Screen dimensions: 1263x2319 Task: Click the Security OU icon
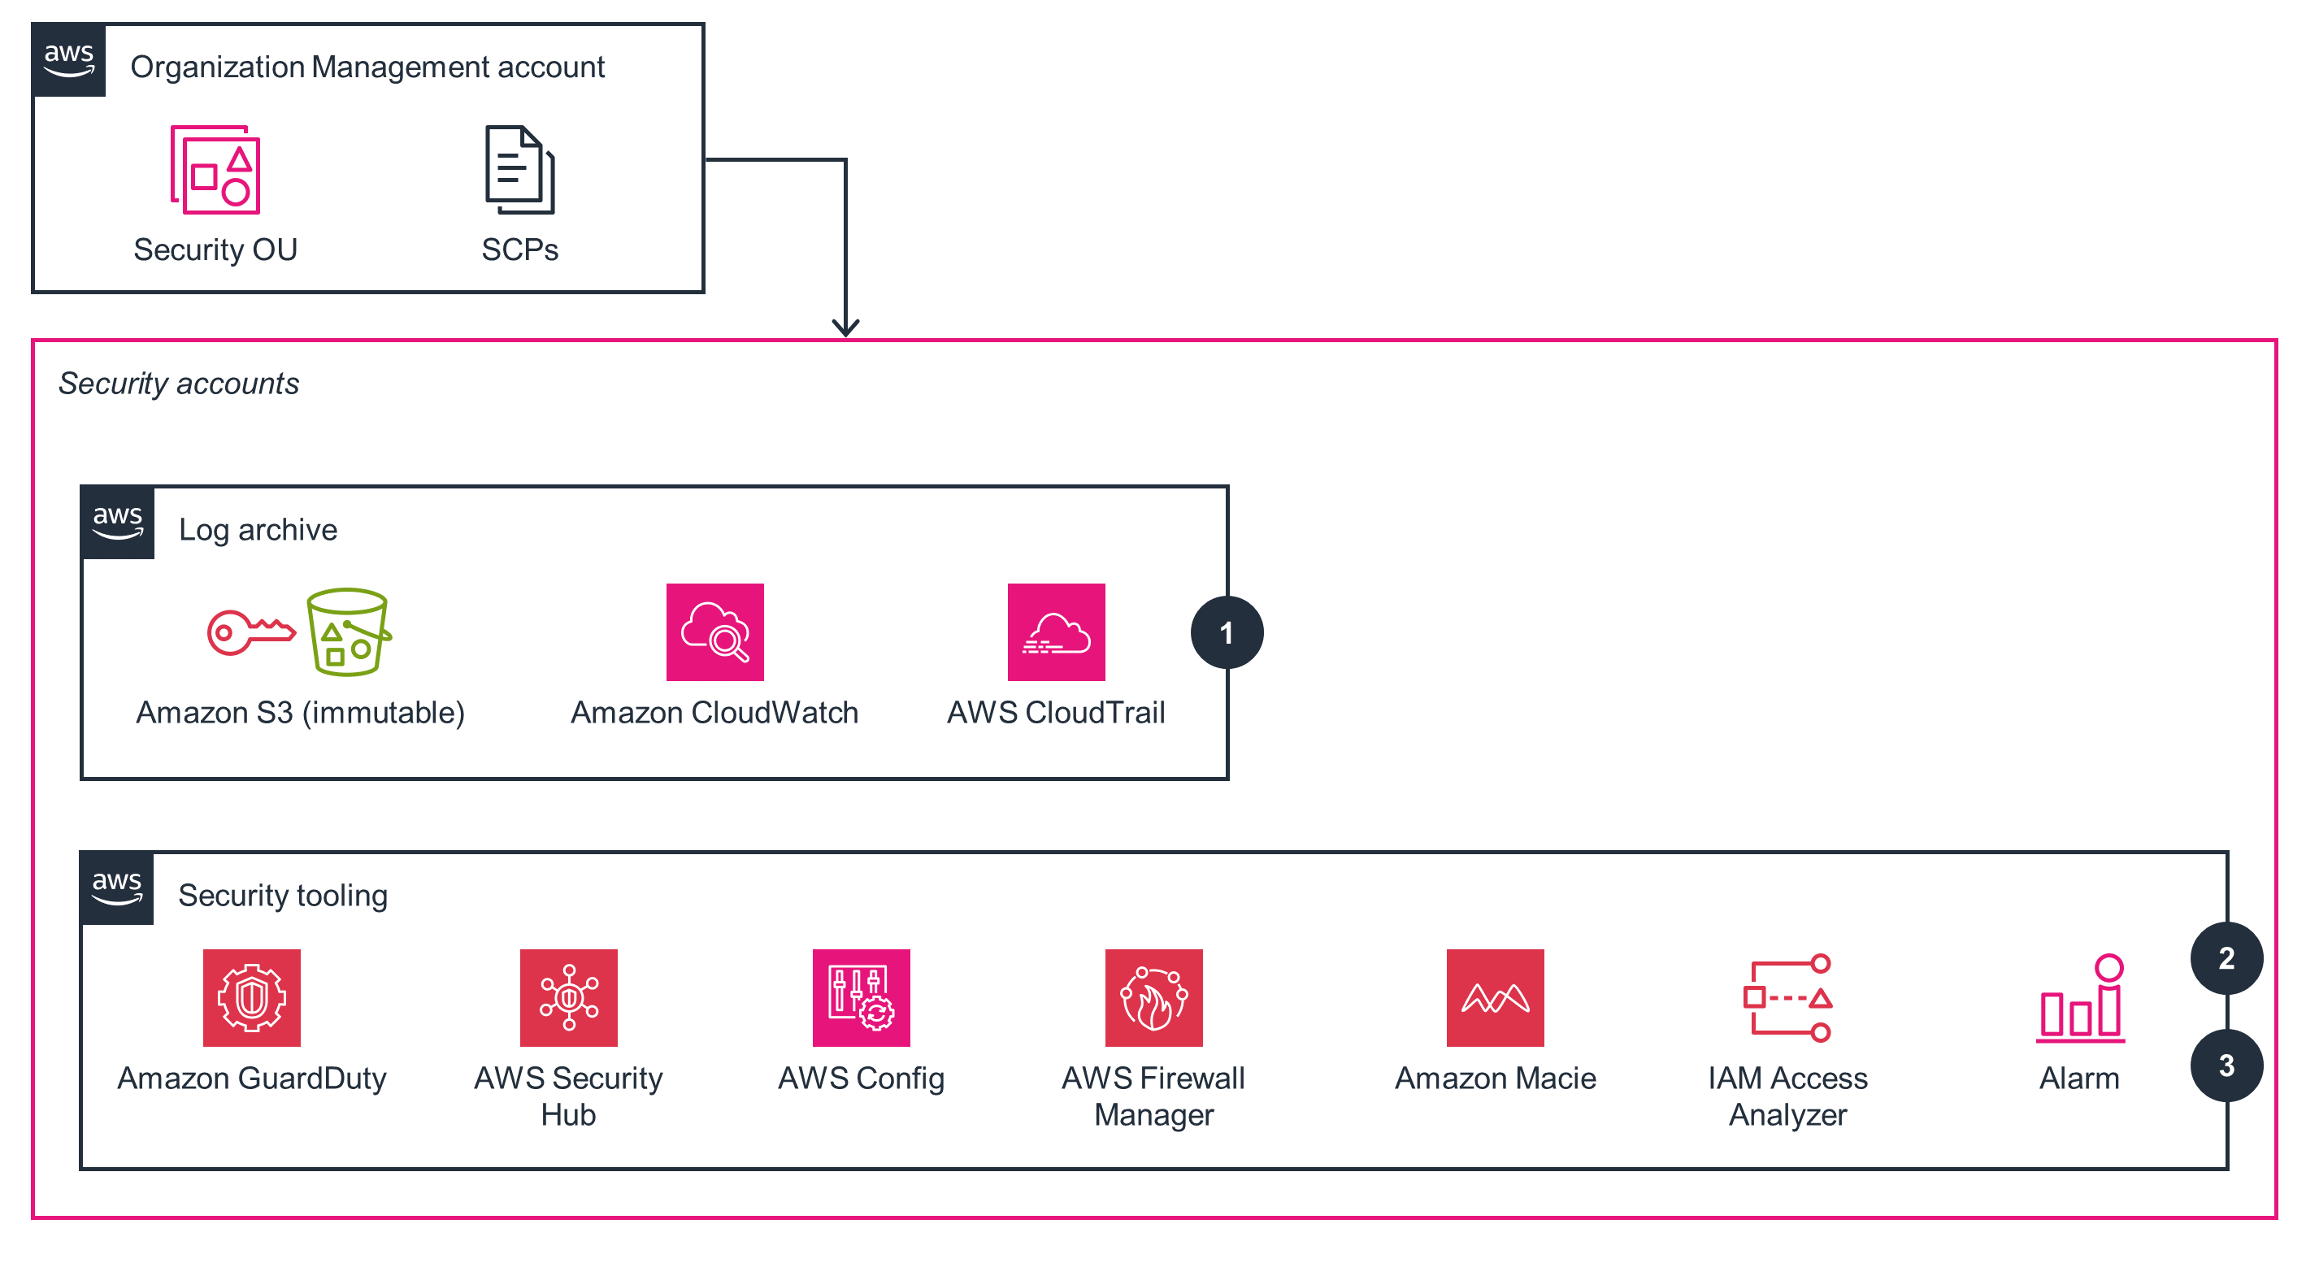coord(215,170)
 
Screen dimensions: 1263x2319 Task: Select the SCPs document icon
coord(519,170)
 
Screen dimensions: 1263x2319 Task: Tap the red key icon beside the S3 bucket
coord(250,632)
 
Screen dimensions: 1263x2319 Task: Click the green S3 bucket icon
coord(349,632)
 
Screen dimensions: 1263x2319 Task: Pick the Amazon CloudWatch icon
coord(714,632)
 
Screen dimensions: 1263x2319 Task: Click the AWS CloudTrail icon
coord(1056,632)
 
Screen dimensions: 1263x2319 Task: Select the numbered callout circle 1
coord(1226,633)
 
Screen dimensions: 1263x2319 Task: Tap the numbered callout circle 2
coord(2226,958)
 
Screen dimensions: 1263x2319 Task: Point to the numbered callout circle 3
coord(2226,1065)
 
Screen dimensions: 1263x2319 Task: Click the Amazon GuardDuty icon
coord(252,997)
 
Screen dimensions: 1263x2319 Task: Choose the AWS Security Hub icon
coord(569,997)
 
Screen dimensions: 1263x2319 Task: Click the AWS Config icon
coord(861,997)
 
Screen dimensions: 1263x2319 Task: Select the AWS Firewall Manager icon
coord(1153,997)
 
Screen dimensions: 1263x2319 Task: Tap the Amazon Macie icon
coord(1495,997)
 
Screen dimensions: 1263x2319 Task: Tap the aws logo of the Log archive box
coord(118,522)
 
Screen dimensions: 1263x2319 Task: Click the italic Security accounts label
coord(178,384)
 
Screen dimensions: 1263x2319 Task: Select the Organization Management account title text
coord(367,67)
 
